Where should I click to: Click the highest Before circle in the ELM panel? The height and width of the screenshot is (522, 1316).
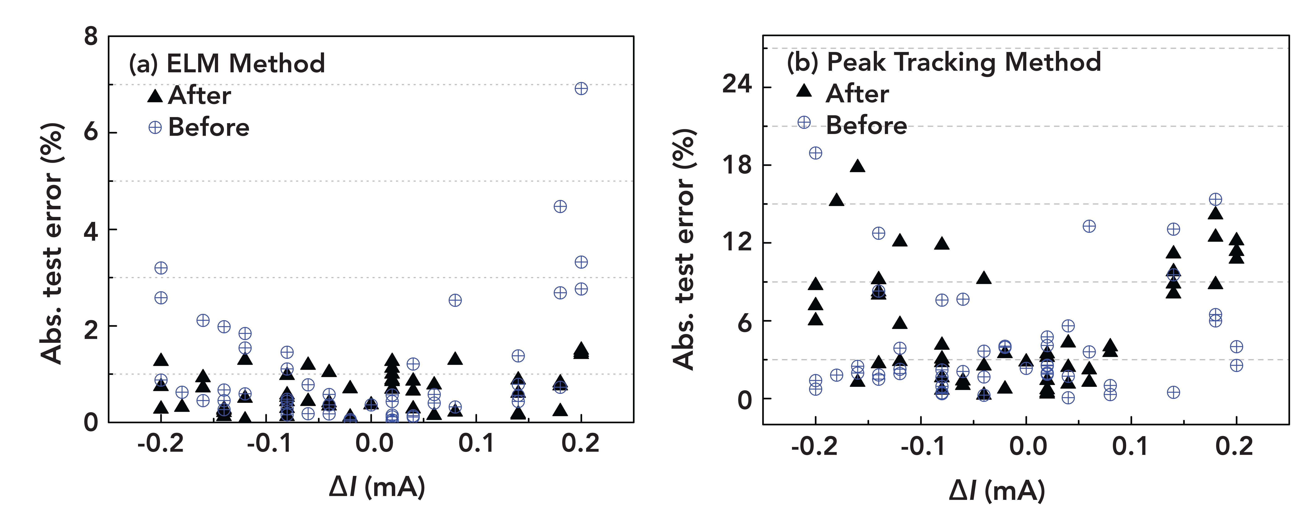point(581,88)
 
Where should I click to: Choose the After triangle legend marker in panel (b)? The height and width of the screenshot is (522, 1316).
point(804,91)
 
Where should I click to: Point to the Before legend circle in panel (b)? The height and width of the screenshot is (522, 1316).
point(804,122)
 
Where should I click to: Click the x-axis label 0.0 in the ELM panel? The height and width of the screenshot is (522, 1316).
point(374,443)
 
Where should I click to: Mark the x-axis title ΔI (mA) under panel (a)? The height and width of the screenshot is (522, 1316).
point(377,487)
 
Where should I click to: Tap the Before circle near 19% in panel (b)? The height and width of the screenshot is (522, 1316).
point(815,153)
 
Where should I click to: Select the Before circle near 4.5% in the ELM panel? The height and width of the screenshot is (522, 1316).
point(560,206)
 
